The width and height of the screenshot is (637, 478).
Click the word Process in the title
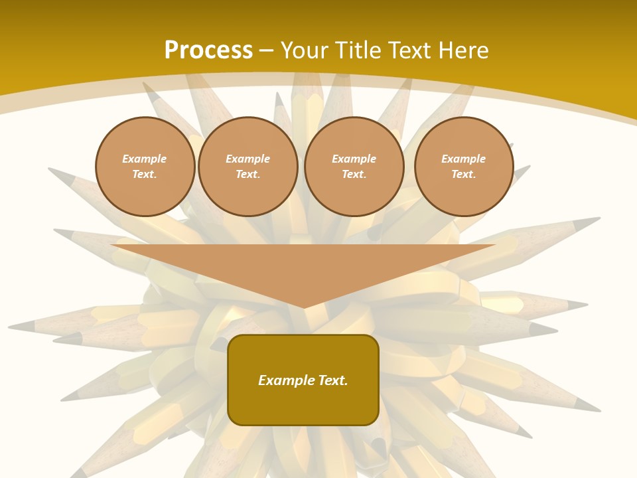[208, 50]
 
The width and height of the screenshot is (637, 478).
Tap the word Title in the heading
[361, 50]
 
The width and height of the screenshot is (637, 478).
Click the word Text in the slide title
[409, 50]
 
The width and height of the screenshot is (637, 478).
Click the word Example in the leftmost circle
[145, 159]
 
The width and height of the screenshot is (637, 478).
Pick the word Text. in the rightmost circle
[464, 174]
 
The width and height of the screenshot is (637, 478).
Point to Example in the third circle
[354, 159]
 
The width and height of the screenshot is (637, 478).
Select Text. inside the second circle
[248, 174]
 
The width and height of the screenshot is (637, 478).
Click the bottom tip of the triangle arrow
[303, 307]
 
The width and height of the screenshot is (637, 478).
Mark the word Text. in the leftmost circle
[145, 174]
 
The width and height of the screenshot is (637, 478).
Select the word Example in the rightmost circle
[464, 159]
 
